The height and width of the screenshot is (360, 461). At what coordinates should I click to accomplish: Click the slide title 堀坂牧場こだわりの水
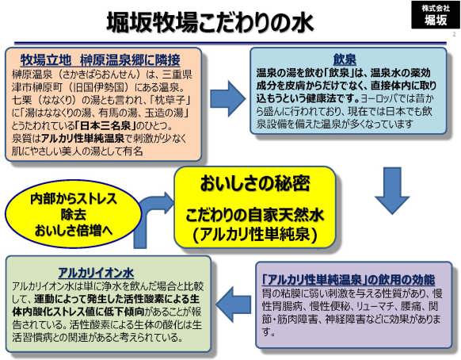[x=210, y=22]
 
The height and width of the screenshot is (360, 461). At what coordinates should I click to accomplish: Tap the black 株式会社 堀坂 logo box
[x=436, y=15]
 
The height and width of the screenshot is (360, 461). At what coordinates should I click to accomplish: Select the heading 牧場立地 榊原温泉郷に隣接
[x=101, y=60]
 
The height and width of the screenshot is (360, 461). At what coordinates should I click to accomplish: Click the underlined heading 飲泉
[x=345, y=59]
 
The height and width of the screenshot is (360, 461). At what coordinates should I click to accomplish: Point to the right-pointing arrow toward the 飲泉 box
[x=227, y=99]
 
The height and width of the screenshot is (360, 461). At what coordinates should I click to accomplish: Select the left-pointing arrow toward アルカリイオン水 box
[x=233, y=304]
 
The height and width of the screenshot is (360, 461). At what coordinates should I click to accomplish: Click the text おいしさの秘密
[x=255, y=184]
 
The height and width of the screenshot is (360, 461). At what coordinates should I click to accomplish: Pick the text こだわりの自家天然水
[x=254, y=215]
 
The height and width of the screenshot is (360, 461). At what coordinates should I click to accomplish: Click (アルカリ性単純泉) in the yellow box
[x=255, y=236]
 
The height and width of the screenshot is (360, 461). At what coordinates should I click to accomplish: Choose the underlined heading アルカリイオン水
[x=96, y=273]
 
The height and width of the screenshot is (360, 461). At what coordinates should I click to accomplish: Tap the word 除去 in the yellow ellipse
[x=74, y=215]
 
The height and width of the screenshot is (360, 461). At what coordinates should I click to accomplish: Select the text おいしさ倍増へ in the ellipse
[x=74, y=231]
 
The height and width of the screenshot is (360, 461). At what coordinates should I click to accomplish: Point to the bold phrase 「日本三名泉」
[x=105, y=126]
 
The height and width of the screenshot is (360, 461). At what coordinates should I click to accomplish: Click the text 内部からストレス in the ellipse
[x=74, y=199]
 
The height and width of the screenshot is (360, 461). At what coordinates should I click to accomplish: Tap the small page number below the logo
[x=454, y=34]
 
